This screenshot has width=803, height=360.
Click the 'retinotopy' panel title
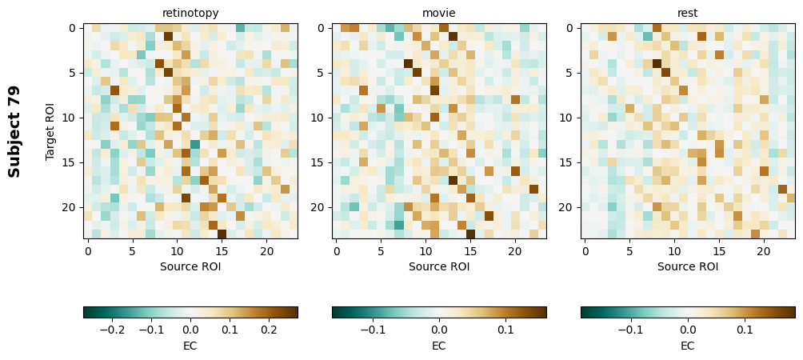(x=190, y=13)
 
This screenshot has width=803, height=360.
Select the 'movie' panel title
(x=439, y=13)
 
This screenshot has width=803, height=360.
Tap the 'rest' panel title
(x=688, y=13)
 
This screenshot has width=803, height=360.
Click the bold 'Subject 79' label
(x=14, y=131)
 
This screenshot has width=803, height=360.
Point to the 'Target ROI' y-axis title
(x=50, y=131)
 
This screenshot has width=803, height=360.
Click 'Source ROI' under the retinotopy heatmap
(x=190, y=266)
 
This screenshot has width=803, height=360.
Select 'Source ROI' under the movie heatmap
(x=439, y=266)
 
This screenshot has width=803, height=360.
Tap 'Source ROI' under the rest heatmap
(x=688, y=266)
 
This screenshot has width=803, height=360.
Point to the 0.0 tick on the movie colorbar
(x=439, y=329)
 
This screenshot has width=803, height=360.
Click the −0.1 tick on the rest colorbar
(x=630, y=329)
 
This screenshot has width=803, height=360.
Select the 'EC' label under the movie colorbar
(x=439, y=346)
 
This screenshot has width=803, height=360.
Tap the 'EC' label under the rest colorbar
(x=688, y=346)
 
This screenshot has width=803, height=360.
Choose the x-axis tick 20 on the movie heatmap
(x=515, y=251)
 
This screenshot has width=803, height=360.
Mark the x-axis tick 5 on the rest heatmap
(x=630, y=251)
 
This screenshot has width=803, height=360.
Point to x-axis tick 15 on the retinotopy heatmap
(x=222, y=251)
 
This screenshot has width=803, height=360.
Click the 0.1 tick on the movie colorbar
(x=505, y=329)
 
